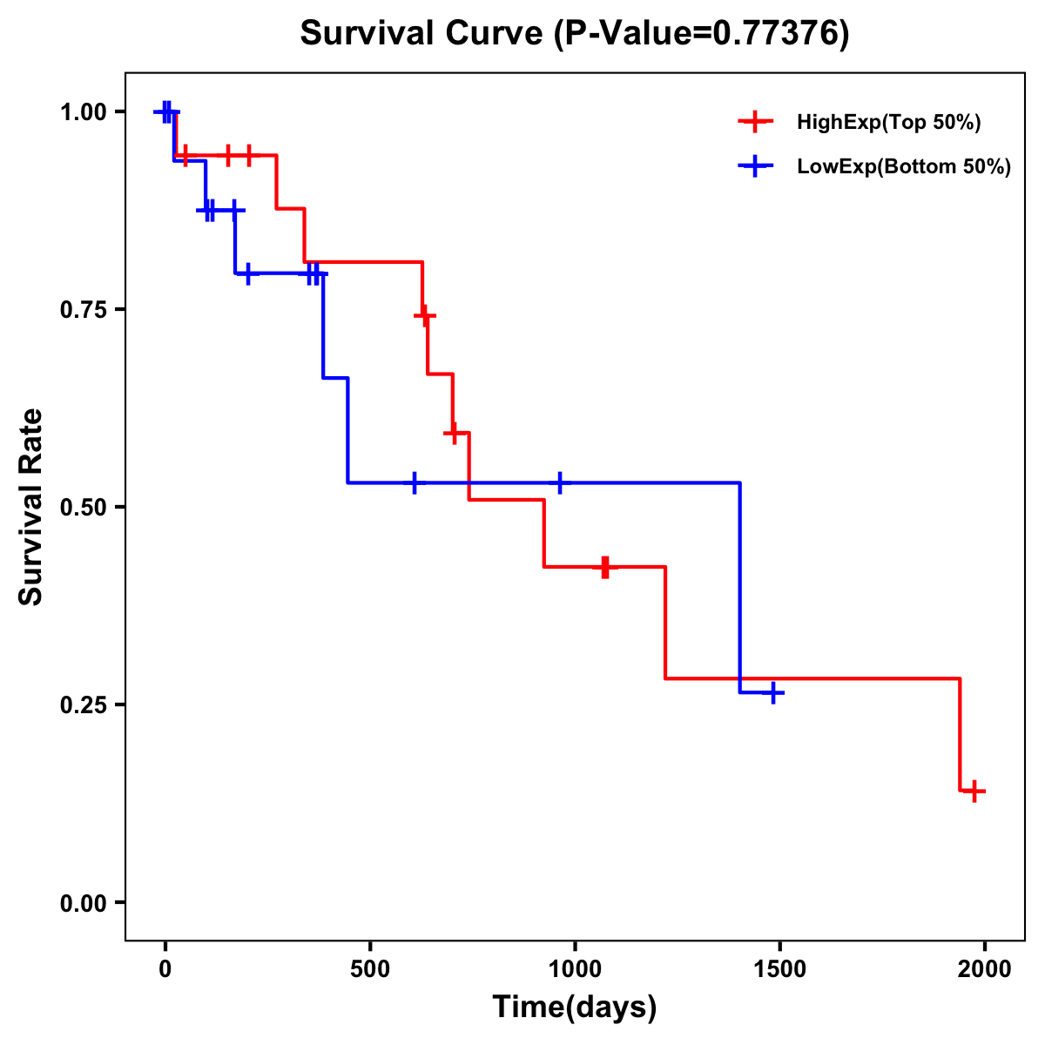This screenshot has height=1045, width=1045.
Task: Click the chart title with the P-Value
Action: click(x=574, y=33)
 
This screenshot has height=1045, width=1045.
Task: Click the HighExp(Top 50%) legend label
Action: click(x=888, y=123)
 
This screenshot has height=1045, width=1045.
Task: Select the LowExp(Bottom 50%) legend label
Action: click(x=904, y=167)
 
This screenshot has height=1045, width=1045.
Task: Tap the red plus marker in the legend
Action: click(x=756, y=123)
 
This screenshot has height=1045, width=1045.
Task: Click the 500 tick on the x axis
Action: click(x=370, y=969)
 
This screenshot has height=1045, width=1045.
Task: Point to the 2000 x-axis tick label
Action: click(x=985, y=969)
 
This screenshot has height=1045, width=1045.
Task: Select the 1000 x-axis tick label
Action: click(x=575, y=969)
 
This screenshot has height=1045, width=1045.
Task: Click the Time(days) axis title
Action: click(x=574, y=1008)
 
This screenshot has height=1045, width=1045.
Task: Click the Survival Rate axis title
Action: click(x=31, y=507)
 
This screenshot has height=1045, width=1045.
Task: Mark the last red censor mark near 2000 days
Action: click(x=975, y=792)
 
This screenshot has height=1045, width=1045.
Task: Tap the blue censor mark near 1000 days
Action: click(x=559, y=482)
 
